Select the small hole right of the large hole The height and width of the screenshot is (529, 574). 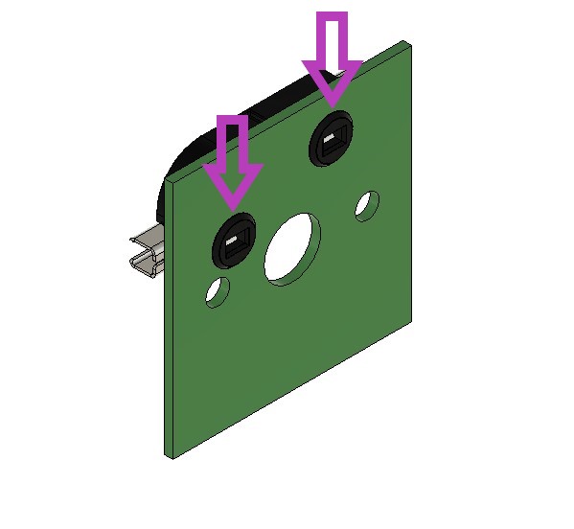click(367, 205)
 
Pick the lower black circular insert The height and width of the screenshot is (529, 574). click(234, 243)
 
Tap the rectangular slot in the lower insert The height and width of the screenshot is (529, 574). click(235, 245)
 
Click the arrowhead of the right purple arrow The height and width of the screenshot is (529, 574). click(333, 82)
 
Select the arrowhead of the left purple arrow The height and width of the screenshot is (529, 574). click(233, 185)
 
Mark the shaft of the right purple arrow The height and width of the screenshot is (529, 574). click(333, 38)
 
